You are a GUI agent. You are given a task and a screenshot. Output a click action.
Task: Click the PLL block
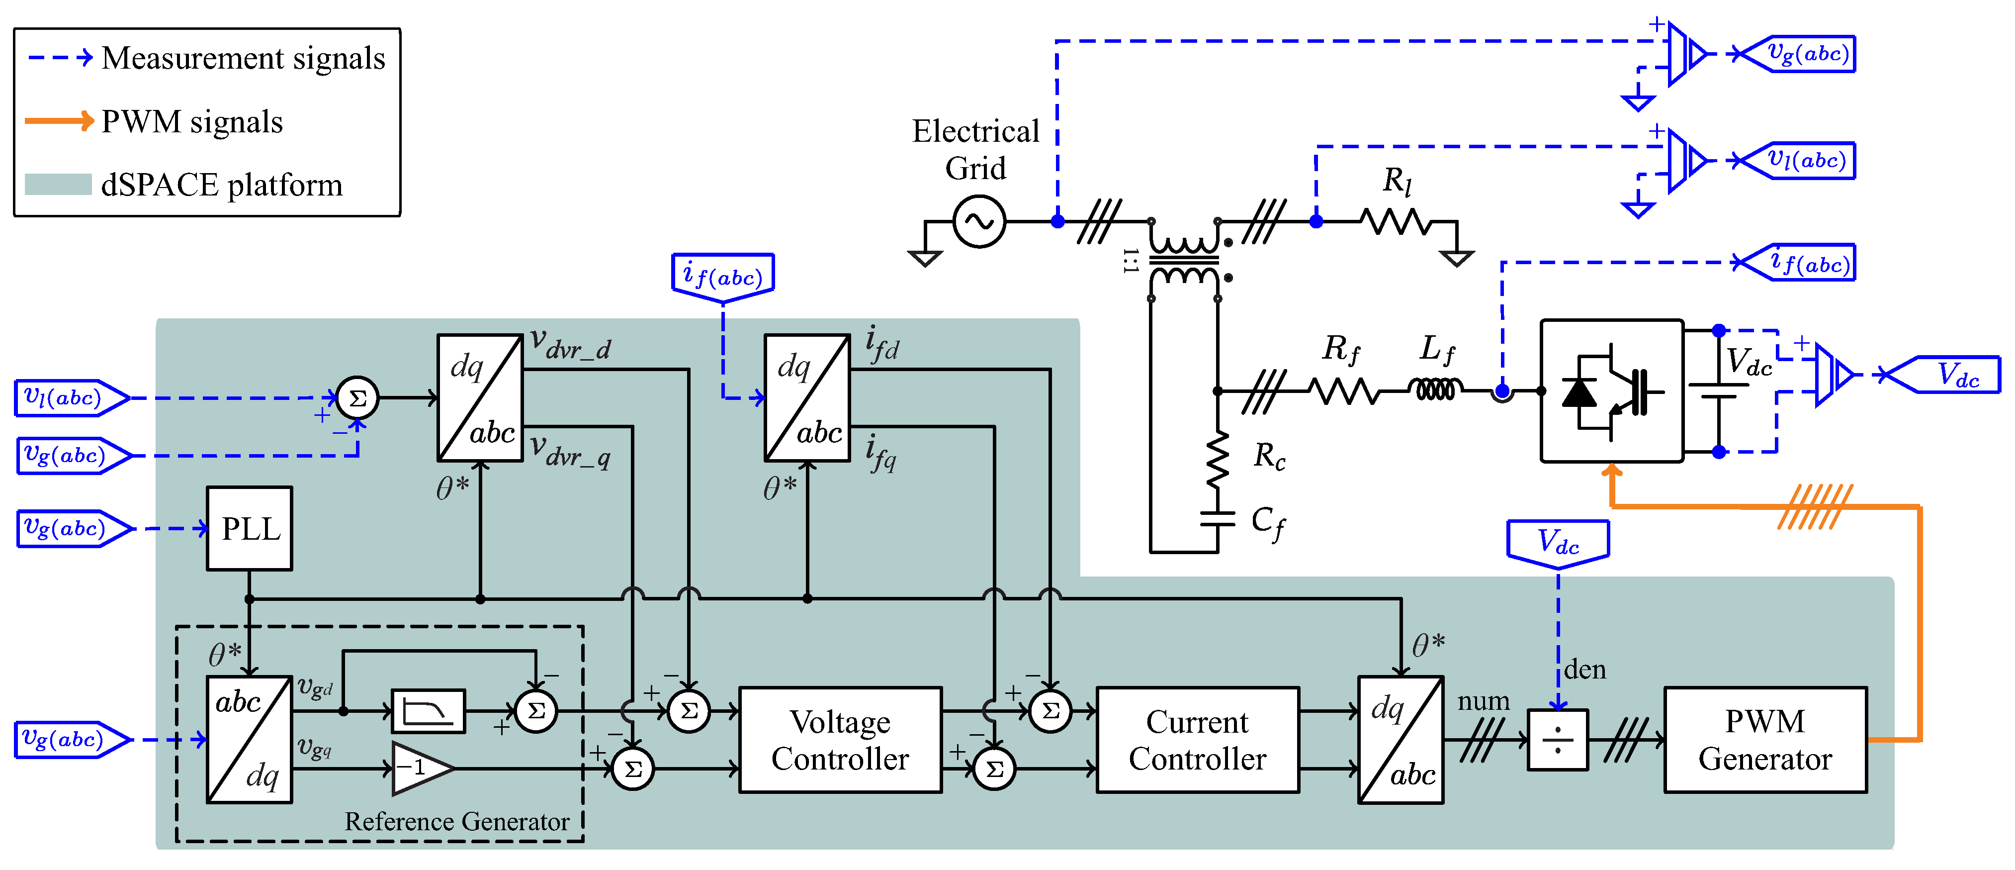click(x=250, y=529)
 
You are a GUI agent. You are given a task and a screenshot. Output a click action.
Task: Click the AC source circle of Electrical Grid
click(x=978, y=221)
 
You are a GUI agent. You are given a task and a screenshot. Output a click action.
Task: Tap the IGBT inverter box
click(x=1611, y=391)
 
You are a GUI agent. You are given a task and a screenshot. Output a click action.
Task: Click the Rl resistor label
click(x=1397, y=182)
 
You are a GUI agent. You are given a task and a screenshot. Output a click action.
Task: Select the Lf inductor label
click(x=1437, y=350)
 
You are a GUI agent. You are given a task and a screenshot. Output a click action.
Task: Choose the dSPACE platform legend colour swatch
click(x=58, y=185)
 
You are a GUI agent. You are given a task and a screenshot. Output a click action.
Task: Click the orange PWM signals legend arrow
click(x=59, y=120)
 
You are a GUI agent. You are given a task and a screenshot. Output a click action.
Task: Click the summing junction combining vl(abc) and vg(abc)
click(x=357, y=398)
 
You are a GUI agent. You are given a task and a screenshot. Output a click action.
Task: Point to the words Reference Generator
click(x=457, y=821)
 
